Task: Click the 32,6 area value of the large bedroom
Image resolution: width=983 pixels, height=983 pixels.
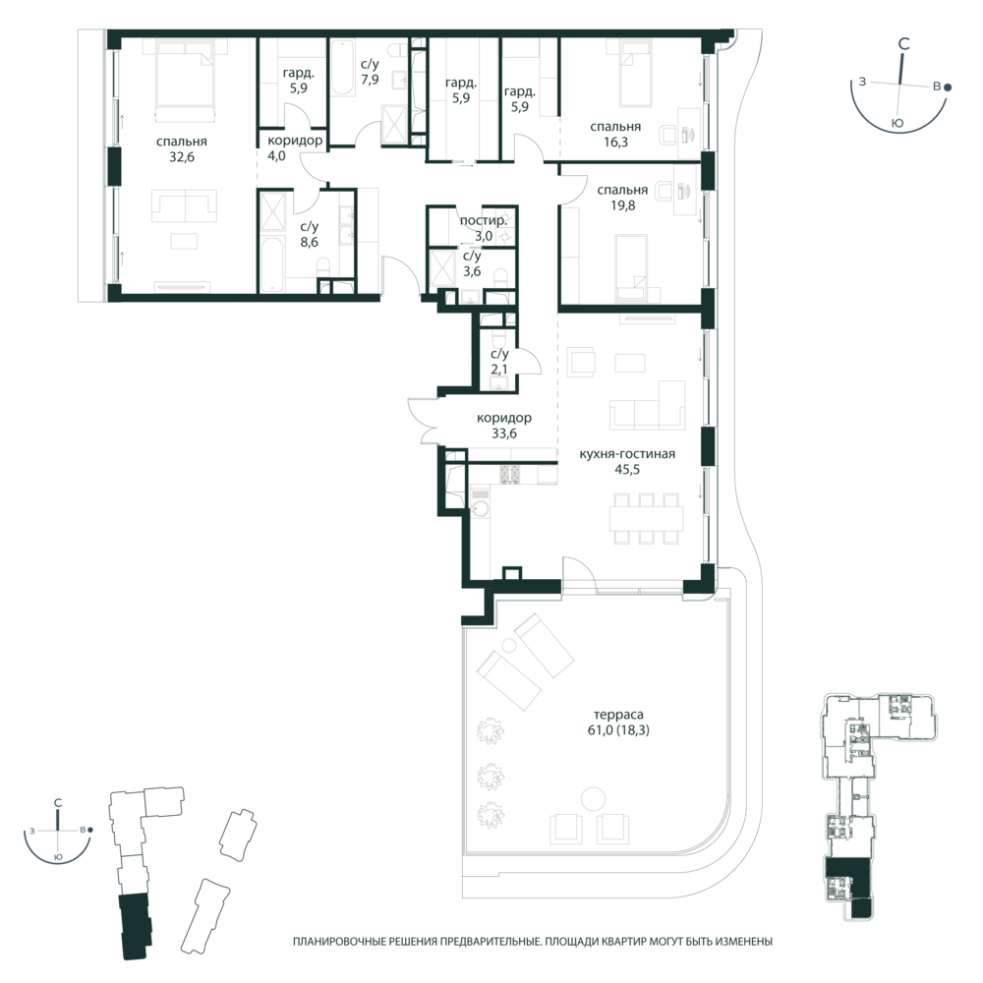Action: click(182, 156)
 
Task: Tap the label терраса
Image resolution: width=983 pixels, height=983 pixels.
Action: click(618, 715)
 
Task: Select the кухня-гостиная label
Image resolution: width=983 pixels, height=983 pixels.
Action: click(627, 453)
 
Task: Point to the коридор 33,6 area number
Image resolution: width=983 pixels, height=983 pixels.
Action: click(504, 434)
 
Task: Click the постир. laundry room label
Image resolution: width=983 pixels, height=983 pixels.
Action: click(484, 220)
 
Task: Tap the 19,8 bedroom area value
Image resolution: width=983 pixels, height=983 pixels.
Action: click(622, 205)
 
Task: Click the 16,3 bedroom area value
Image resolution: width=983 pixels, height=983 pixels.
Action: click(615, 142)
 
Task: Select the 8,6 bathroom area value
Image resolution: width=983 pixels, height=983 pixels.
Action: click(309, 242)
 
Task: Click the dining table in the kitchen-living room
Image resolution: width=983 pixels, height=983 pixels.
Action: click(647, 518)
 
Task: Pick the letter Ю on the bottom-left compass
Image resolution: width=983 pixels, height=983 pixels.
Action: click(58, 856)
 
